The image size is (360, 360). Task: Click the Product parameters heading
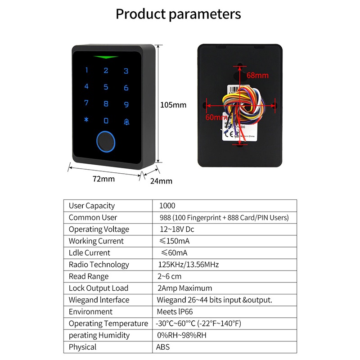tap(178, 14)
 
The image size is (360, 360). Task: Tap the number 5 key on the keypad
tap(106, 87)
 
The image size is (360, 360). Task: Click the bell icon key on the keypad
tap(126, 121)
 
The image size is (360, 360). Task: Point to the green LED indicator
tap(106, 57)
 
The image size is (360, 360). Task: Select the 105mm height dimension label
tap(173, 105)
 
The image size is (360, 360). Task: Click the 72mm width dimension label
tap(103, 179)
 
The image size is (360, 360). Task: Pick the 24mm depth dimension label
tap(161, 181)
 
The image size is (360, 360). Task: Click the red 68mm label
tap(258, 76)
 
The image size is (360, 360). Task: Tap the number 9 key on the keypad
tap(126, 104)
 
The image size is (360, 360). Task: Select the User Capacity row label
tap(92, 206)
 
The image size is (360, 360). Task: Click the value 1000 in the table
tap(167, 206)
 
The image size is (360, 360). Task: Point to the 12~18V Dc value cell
tap(177, 229)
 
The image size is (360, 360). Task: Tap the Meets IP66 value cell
tap(175, 312)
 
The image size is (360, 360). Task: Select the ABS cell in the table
tap(163, 347)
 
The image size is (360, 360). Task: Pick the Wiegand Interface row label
tap(99, 300)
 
